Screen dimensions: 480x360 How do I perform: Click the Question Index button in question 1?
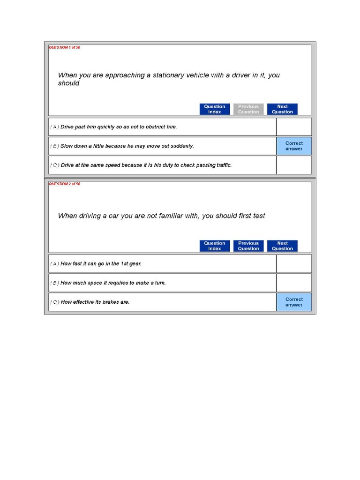point(215,109)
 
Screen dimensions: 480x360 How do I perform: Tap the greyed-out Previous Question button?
point(248,109)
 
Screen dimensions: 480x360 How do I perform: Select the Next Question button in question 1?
point(282,109)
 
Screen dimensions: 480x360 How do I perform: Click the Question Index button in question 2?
point(215,246)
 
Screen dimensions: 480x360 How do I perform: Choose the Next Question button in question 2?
point(282,246)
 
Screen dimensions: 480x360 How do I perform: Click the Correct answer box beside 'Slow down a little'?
point(294,146)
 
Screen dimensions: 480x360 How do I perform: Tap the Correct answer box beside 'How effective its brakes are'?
point(294,302)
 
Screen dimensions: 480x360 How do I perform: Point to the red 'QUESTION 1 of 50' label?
point(65,47)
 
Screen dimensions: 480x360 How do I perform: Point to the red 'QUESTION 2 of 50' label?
point(65,184)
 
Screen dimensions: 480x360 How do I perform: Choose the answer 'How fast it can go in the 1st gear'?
point(101,264)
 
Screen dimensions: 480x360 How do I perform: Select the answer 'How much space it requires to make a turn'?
point(113,283)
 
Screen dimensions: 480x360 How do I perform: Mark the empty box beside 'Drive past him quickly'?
point(294,127)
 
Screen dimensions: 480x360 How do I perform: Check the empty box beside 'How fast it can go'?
point(294,264)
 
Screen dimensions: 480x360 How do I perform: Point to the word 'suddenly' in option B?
point(182,146)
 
